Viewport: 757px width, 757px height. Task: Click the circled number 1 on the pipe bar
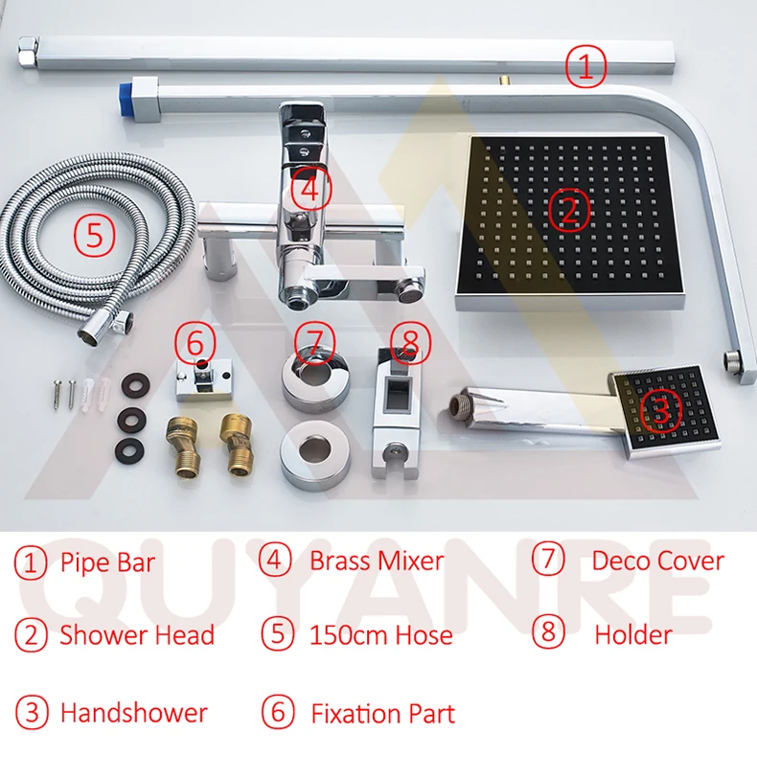pyautogui.click(x=585, y=66)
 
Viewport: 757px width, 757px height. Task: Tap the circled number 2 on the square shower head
pyautogui.click(x=570, y=210)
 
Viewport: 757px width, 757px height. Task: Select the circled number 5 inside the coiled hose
pyautogui.click(x=95, y=235)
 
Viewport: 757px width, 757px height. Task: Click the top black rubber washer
pyautogui.click(x=135, y=385)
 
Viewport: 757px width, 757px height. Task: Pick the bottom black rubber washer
pyautogui.click(x=130, y=450)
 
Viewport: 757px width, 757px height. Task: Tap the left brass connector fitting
pyautogui.click(x=182, y=447)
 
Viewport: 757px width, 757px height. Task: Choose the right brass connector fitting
pyautogui.click(x=236, y=445)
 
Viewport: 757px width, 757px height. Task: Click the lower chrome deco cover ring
pyautogui.click(x=315, y=454)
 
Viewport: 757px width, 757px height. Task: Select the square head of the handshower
pyautogui.click(x=667, y=410)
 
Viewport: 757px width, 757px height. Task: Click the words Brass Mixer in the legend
pyautogui.click(x=377, y=561)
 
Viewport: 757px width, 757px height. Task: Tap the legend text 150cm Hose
pyautogui.click(x=381, y=635)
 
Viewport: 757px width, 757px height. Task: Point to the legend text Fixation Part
pyautogui.click(x=383, y=714)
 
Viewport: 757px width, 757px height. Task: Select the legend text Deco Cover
pyautogui.click(x=658, y=561)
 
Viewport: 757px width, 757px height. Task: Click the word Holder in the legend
pyautogui.click(x=633, y=635)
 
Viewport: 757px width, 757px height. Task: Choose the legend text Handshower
pyautogui.click(x=134, y=713)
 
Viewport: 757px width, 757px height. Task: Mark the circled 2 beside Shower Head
pyautogui.click(x=31, y=635)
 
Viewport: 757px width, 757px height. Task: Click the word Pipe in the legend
pyautogui.click(x=81, y=563)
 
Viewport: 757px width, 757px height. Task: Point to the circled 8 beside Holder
pyautogui.click(x=548, y=632)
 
